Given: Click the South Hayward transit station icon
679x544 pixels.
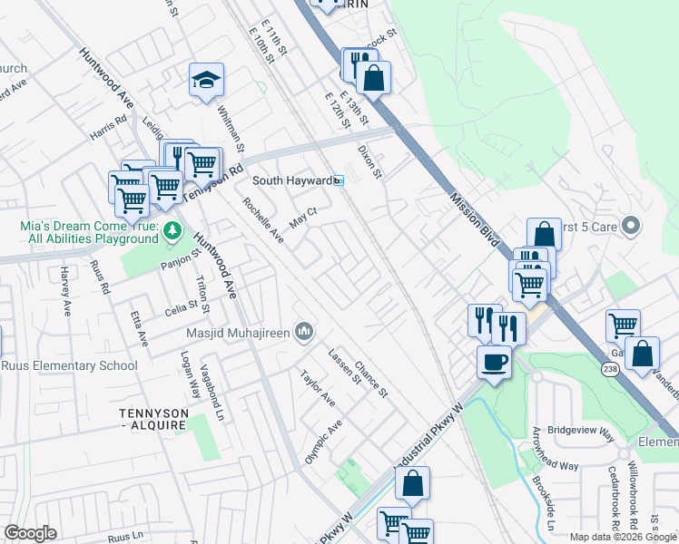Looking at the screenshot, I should tap(339, 180).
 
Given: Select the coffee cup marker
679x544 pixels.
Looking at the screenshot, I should tap(494, 361).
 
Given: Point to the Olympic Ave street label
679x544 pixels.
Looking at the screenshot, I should tap(322, 441).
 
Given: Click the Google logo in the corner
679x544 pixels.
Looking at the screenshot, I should tap(29, 533).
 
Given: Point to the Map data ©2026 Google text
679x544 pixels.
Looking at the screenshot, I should tap(622, 537).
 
